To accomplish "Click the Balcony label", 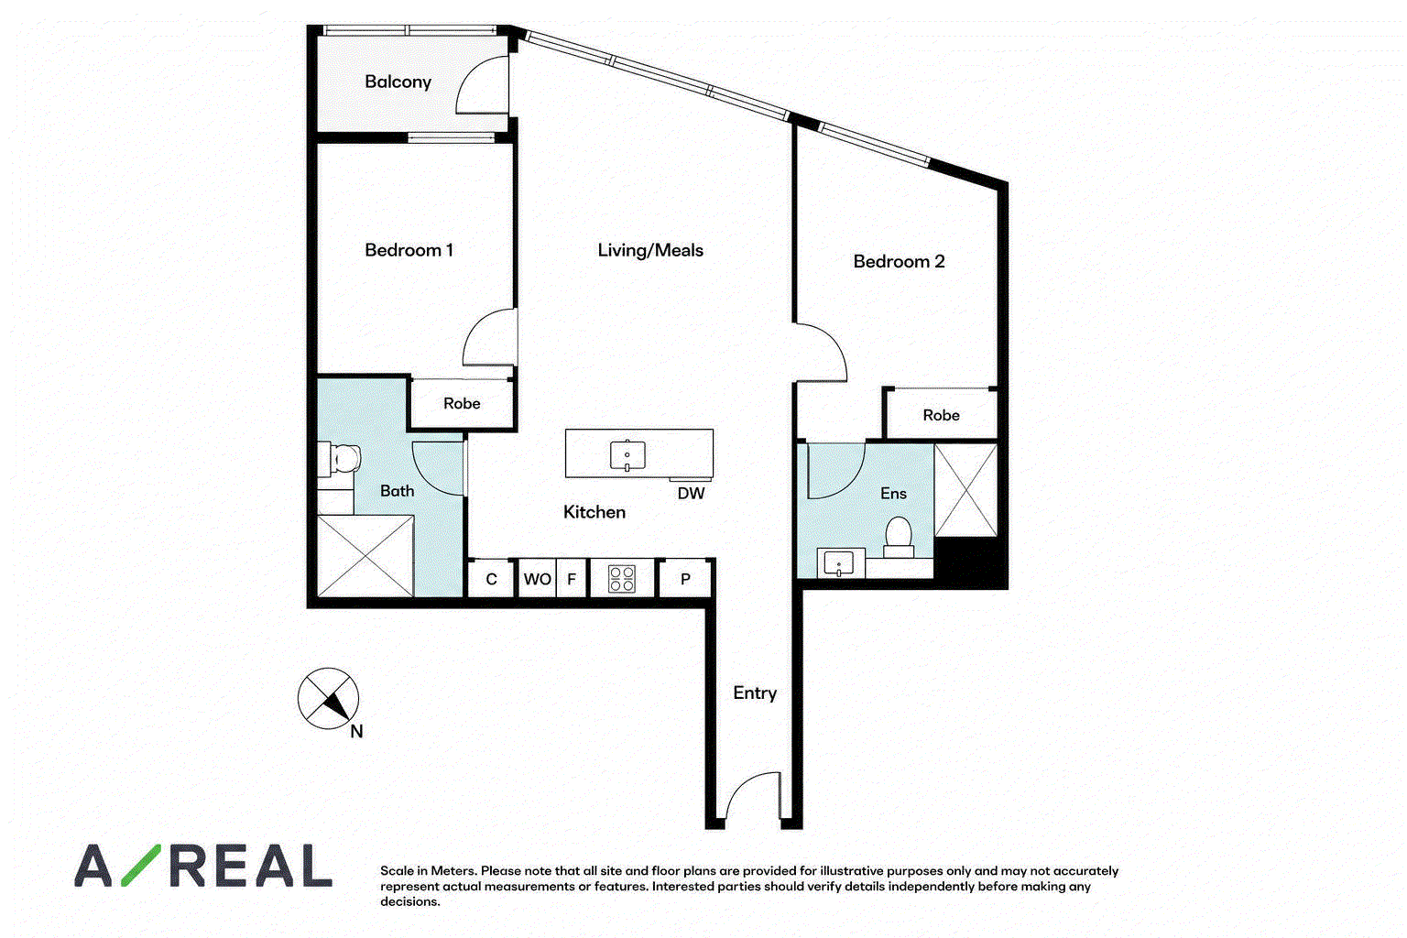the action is pyautogui.click(x=398, y=82).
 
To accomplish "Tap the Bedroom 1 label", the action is pyautogui.click(x=409, y=250).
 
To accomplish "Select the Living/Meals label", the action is pyautogui.click(x=650, y=250).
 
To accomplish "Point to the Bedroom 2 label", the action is pyautogui.click(x=899, y=261).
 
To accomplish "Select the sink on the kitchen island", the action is pyautogui.click(x=627, y=455).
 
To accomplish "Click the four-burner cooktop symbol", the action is pyautogui.click(x=622, y=579).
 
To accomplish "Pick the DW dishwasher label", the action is pyautogui.click(x=691, y=493).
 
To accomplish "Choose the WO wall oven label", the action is pyautogui.click(x=538, y=579).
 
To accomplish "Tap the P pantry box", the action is pyautogui.click(x=685, y=579).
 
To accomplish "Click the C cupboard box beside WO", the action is pyautogui.click(x=491, y=579).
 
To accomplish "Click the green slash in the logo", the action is pyautogui.click(x=141, y=865).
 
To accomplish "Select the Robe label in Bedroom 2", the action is pyautogui.click(x=941, y=415).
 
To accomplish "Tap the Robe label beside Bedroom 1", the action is pyautogui.click(x=462, y=403).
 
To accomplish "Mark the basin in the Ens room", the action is pyautogui.click(x=838, y=563).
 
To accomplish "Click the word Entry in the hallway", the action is pyautogui.click(x=755, y=693).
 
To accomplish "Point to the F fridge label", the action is pyautogui.click(x=572, y=579).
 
